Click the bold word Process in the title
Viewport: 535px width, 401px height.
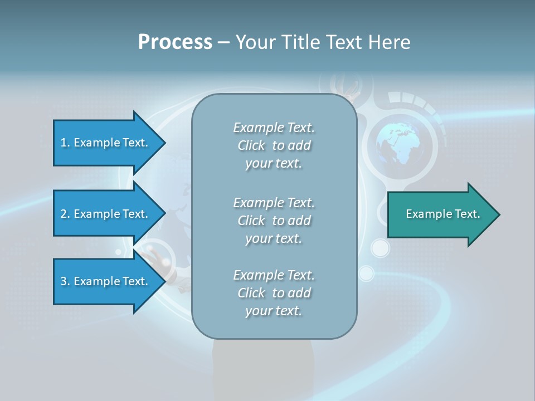coord(175,42)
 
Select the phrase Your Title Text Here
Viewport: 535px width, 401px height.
coord(323,42)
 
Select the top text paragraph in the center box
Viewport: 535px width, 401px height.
coord(274,145)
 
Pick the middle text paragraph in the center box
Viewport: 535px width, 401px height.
coord(274,220)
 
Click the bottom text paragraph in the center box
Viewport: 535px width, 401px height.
coord(274,293)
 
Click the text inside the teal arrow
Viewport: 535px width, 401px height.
coord(443,214)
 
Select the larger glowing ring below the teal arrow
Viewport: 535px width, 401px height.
coord(380,248)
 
